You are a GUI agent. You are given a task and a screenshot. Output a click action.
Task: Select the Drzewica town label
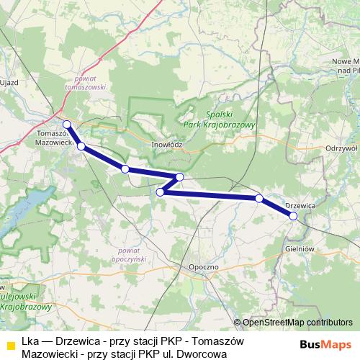[300, 205]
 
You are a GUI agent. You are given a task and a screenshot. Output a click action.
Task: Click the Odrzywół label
[341, 148]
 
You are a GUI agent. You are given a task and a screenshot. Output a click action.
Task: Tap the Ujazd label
[9, 84]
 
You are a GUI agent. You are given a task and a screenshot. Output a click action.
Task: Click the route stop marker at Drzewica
[293, 215]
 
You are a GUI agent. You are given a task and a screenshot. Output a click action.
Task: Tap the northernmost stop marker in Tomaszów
[66, 124]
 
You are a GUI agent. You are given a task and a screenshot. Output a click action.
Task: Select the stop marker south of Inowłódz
[179, 177]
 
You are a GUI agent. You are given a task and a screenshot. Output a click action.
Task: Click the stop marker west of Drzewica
[258, 197]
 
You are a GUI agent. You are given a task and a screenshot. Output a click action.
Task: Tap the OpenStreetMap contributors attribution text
[297, 323]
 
